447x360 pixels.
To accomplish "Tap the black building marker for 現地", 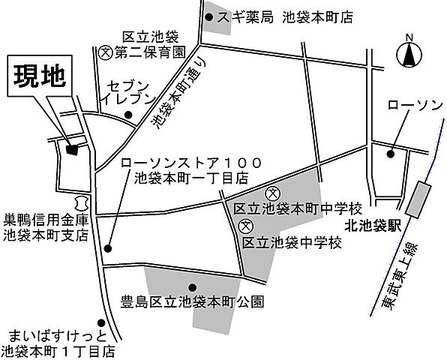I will (x=72, y=148).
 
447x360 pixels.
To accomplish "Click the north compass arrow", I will (x=409, y=55).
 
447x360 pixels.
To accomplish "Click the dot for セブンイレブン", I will (x=128, y=115).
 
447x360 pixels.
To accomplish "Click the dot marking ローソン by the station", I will (x=390, y=154).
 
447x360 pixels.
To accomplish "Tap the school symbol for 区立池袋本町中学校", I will (x=272, y=193).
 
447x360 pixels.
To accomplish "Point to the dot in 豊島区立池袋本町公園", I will (x=193, y=286).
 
